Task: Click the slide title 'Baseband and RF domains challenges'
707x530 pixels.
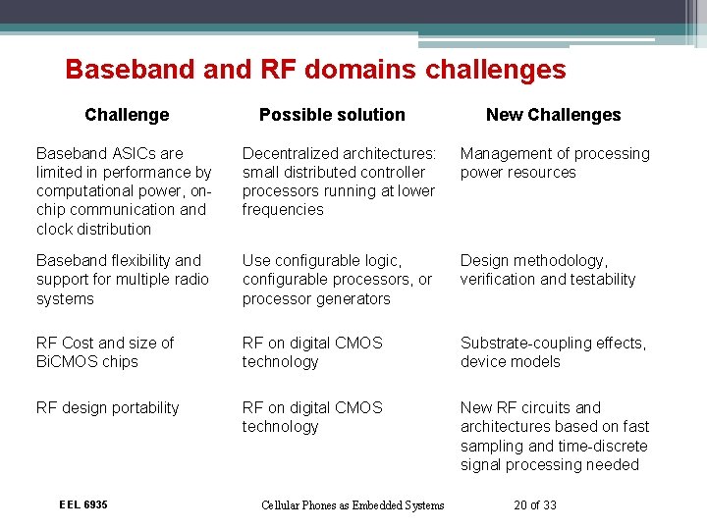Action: click(315, 70)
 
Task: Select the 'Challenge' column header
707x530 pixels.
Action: click(127, 115)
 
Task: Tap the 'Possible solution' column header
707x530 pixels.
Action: click(332, 115)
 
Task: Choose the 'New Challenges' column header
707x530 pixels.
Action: click(553, 115)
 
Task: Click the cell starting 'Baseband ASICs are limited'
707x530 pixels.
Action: click(124, 190)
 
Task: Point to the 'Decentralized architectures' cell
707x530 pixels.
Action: click(339, 182)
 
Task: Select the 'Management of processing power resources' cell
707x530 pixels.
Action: click(555, 163)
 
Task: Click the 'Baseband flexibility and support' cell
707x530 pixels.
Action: click(123, 280)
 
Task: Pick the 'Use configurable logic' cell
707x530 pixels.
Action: click(337, 280)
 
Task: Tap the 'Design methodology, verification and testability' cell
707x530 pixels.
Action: click(548, 270)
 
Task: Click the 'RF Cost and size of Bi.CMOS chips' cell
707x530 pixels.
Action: click(105, 352)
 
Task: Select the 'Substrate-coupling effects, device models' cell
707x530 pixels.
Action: click(553, 352)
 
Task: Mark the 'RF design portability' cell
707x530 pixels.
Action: click(108, 407)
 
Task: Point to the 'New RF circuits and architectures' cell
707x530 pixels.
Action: click(555, 436)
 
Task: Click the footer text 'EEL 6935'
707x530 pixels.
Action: click(83, 504)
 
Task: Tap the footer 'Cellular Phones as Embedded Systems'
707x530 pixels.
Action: click(353, 505)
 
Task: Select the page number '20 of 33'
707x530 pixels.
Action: click(534, 505)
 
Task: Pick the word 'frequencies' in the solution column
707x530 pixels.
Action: click(283, 210)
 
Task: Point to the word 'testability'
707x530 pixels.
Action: click(599, 280)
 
